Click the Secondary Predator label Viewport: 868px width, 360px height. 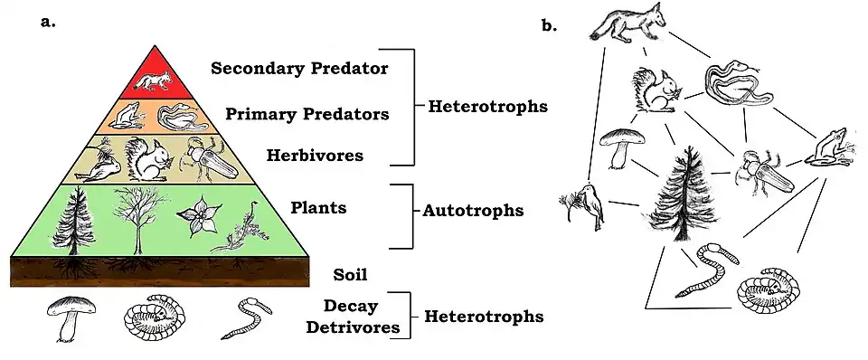coord(299,69)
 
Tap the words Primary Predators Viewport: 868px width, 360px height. coord(307,114)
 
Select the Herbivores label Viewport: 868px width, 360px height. coord(315,155)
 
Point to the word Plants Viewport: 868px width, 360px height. coord(319,208)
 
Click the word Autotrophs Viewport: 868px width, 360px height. coord(473,211)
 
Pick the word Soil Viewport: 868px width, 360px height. coord(351,274)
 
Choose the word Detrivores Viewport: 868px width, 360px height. coord(354,327)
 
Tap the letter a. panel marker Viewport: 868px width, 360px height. coord(48,23)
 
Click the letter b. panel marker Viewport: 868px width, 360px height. coord(549,25)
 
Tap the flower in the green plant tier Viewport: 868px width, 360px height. coord(193,215)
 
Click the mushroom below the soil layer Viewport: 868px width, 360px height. coord(71,317)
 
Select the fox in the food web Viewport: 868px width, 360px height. coord(628,24)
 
